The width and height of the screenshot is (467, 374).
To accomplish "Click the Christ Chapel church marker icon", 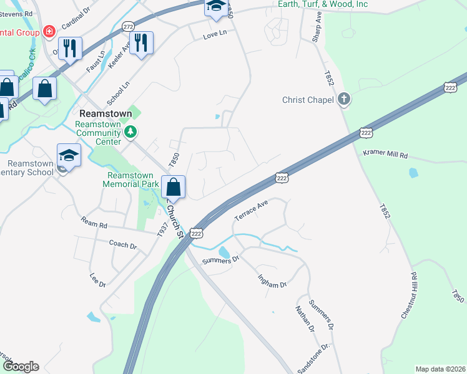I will [343, 99].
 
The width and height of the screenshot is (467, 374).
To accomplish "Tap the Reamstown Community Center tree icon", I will [130, 132].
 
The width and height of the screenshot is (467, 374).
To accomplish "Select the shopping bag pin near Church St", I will [174, 186].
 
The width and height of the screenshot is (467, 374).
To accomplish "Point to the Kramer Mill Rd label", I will [385, 153].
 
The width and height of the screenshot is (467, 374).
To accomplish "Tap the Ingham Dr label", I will [272, 276].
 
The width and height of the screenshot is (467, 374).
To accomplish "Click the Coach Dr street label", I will [122, 245].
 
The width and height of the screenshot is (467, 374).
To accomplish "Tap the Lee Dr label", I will [98, 280].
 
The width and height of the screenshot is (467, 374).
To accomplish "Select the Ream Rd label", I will [94, 222].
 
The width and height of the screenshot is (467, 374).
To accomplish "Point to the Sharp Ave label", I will [318, 26].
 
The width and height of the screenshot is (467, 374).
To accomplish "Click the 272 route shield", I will [129, 27].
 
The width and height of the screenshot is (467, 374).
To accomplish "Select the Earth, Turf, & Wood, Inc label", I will [323, 4].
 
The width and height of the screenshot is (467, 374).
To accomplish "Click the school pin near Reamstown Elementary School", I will [69, 155].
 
